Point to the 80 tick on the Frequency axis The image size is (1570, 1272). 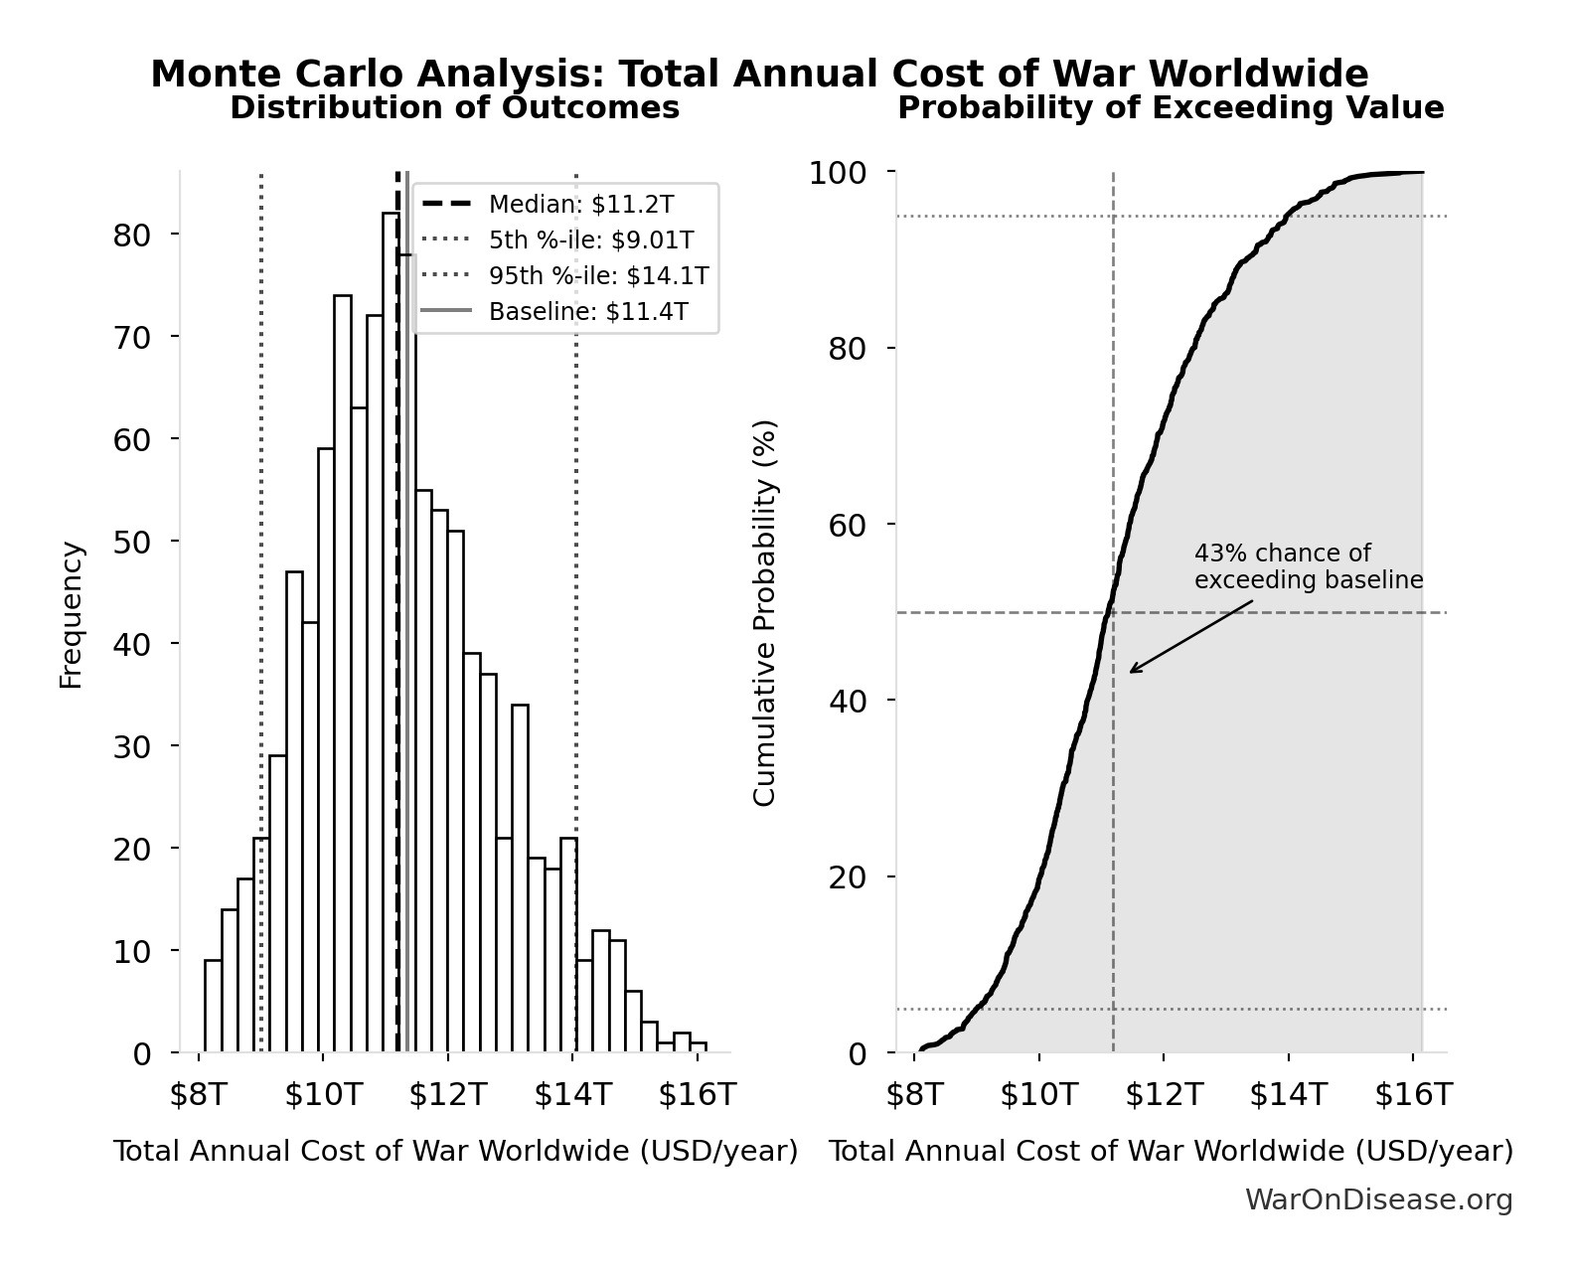point(131,235)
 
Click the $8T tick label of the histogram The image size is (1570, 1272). point(199,1095)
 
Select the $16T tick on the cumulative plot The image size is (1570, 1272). point(1413,1095)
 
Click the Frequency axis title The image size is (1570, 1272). point(72,614)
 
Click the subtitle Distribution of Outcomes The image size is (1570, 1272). point(455,108)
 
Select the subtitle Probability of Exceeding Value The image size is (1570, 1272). point(1171,108)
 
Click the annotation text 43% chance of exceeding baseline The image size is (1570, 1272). point(1308,566)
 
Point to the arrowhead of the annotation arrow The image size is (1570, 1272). point(1132,672)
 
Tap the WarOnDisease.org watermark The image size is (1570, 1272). point(1378,1200)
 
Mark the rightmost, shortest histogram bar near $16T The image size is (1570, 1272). point(699,1047)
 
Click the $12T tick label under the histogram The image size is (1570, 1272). point(448,1095)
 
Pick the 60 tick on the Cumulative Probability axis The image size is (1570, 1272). point(847,525)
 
